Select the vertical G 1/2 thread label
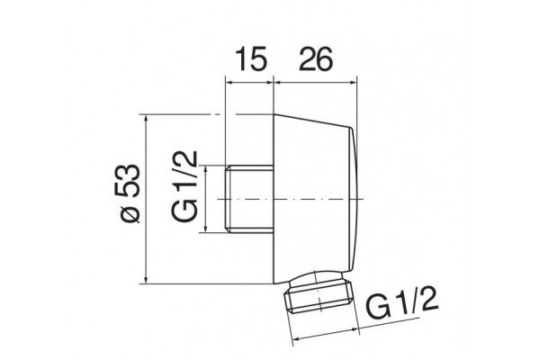click(x=184, y=186)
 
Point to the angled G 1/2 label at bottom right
click(x=402, y=301)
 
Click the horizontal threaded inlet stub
click(x=249, y=198)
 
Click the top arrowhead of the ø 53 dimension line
click(x=147, y=119)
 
